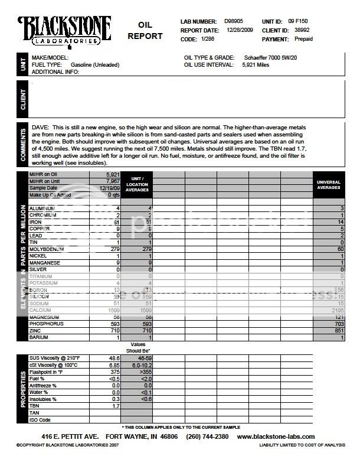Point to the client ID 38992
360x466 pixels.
tap(303, 30)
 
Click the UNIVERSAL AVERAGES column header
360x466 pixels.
tap(329, 185)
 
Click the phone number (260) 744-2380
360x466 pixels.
tap(200, 436)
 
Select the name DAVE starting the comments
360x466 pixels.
tap(40, 128)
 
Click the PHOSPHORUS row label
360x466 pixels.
tap(47, 324)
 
